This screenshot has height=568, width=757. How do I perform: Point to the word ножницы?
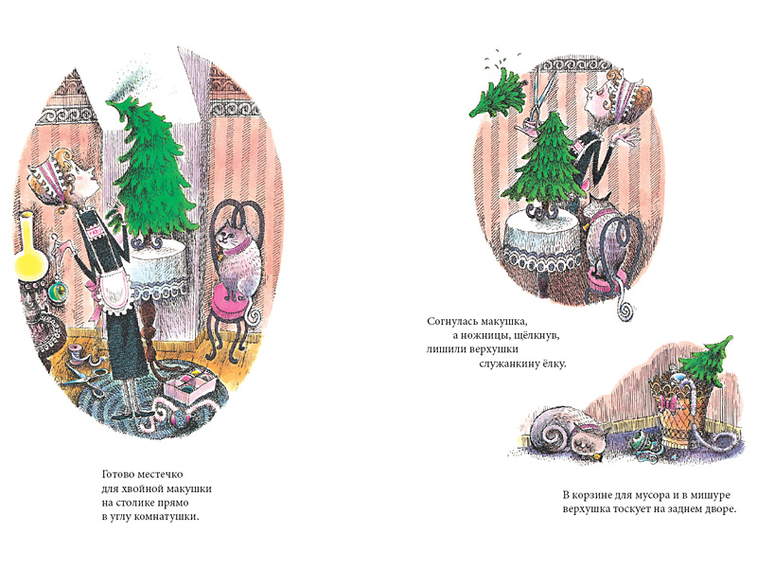(x=489, y=335)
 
